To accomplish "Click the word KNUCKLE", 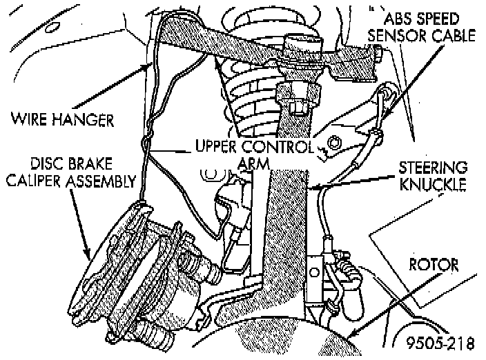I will point(437,185).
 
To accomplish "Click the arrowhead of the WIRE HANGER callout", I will point(150,63).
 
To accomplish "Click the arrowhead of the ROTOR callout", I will point(351,337).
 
